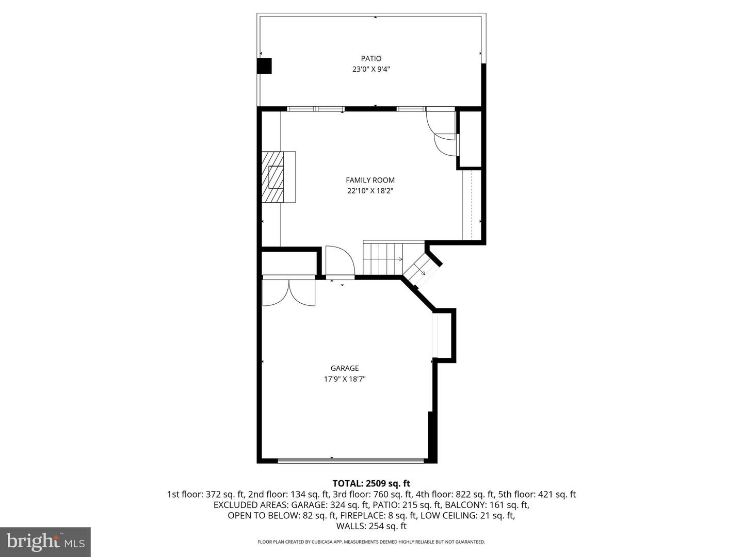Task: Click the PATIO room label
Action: click(370, 58)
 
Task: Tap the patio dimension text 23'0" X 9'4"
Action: click(370, 69)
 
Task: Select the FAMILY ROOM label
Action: click(370, 180)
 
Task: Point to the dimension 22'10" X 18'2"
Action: click(370, 191)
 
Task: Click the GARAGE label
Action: click(345, 368)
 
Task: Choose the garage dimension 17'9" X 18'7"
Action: click(345, 379)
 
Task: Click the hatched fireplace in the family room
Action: click(273, 177)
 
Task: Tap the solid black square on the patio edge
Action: click(264, 66)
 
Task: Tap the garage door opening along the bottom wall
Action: click(351, 460)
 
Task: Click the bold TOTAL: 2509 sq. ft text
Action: click(371, 483)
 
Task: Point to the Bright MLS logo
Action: click(45, 542)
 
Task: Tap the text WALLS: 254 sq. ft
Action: click(371, 526)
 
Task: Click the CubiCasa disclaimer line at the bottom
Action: click(371, 542)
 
